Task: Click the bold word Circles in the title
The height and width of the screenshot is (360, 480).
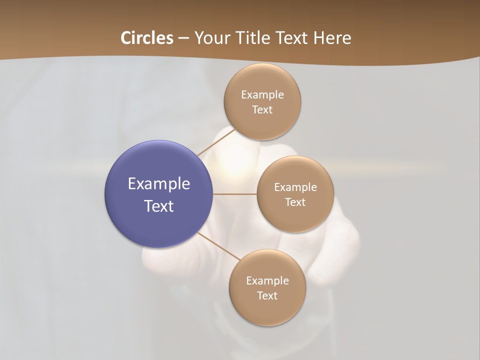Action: point(147,38)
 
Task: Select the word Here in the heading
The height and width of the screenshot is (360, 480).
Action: point(332,38)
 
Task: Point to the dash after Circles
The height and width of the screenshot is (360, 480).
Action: point(183,38)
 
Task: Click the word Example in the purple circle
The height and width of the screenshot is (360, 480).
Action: point(159,184)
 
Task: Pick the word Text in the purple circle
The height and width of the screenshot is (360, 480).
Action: point(159,206)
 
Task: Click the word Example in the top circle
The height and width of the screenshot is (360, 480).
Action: point(262,94)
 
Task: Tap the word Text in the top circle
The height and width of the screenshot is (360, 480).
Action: point(262,109)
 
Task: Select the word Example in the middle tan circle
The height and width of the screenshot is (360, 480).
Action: point(295,187)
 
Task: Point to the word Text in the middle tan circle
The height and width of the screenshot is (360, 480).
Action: point(295,202)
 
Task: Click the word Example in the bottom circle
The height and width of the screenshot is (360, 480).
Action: point(267,280)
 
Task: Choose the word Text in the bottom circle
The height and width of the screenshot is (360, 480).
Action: point(267,295)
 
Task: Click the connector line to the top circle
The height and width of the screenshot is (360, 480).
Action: point(216,141)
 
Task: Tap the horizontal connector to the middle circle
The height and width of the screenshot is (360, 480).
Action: point(234,194)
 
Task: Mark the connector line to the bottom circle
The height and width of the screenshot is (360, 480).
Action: point(218,246)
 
